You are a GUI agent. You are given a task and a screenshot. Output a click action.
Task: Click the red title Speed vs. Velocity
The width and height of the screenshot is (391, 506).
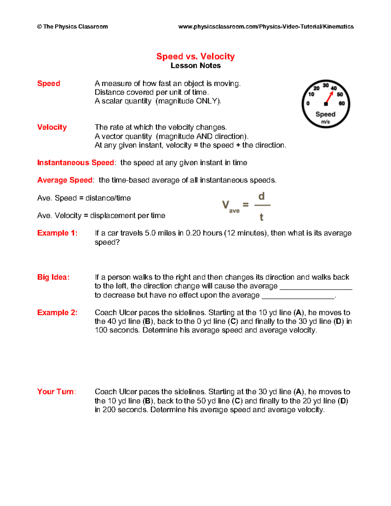tap(195, 56)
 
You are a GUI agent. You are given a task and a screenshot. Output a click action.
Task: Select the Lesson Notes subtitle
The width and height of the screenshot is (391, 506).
tap(195, 65)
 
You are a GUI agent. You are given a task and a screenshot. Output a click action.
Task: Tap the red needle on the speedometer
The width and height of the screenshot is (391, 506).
tap(329, 97)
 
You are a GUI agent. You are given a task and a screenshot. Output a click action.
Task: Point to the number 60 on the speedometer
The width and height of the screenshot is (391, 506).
tap(341, 103)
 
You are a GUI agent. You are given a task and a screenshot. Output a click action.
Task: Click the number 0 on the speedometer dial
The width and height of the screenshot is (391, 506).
tap(308, 104)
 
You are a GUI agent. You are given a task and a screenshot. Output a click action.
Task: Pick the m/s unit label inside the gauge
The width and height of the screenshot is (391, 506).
tap(326, 122)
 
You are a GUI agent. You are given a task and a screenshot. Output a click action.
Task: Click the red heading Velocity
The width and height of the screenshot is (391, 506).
tap(52, 127)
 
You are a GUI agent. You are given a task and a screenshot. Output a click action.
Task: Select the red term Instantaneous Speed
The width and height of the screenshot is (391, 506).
tap(75, 163)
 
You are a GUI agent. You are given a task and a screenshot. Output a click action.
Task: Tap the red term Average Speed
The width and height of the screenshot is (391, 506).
tap(65, 180)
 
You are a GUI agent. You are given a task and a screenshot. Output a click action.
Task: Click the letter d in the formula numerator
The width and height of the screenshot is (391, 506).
tap(261, 196)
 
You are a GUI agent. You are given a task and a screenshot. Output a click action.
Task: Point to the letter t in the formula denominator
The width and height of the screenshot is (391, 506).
tap(261, 217)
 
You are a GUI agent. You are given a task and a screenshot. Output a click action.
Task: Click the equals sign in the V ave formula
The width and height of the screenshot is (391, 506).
tap(246, 205)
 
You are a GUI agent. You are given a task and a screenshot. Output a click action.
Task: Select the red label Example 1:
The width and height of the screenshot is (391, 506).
tap(57, 233)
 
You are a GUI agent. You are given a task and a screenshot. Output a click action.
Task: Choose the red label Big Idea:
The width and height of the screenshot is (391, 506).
tap(53, 277)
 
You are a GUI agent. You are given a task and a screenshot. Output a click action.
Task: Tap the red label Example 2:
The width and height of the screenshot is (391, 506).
tap(57, 312)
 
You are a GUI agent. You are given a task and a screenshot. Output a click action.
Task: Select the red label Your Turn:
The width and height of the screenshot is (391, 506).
tap(56, 392)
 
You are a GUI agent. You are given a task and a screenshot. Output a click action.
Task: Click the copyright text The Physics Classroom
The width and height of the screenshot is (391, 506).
tap(72, 27)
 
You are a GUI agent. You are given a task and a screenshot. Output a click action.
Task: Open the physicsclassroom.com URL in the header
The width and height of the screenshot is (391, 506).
tap(266, 27)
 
